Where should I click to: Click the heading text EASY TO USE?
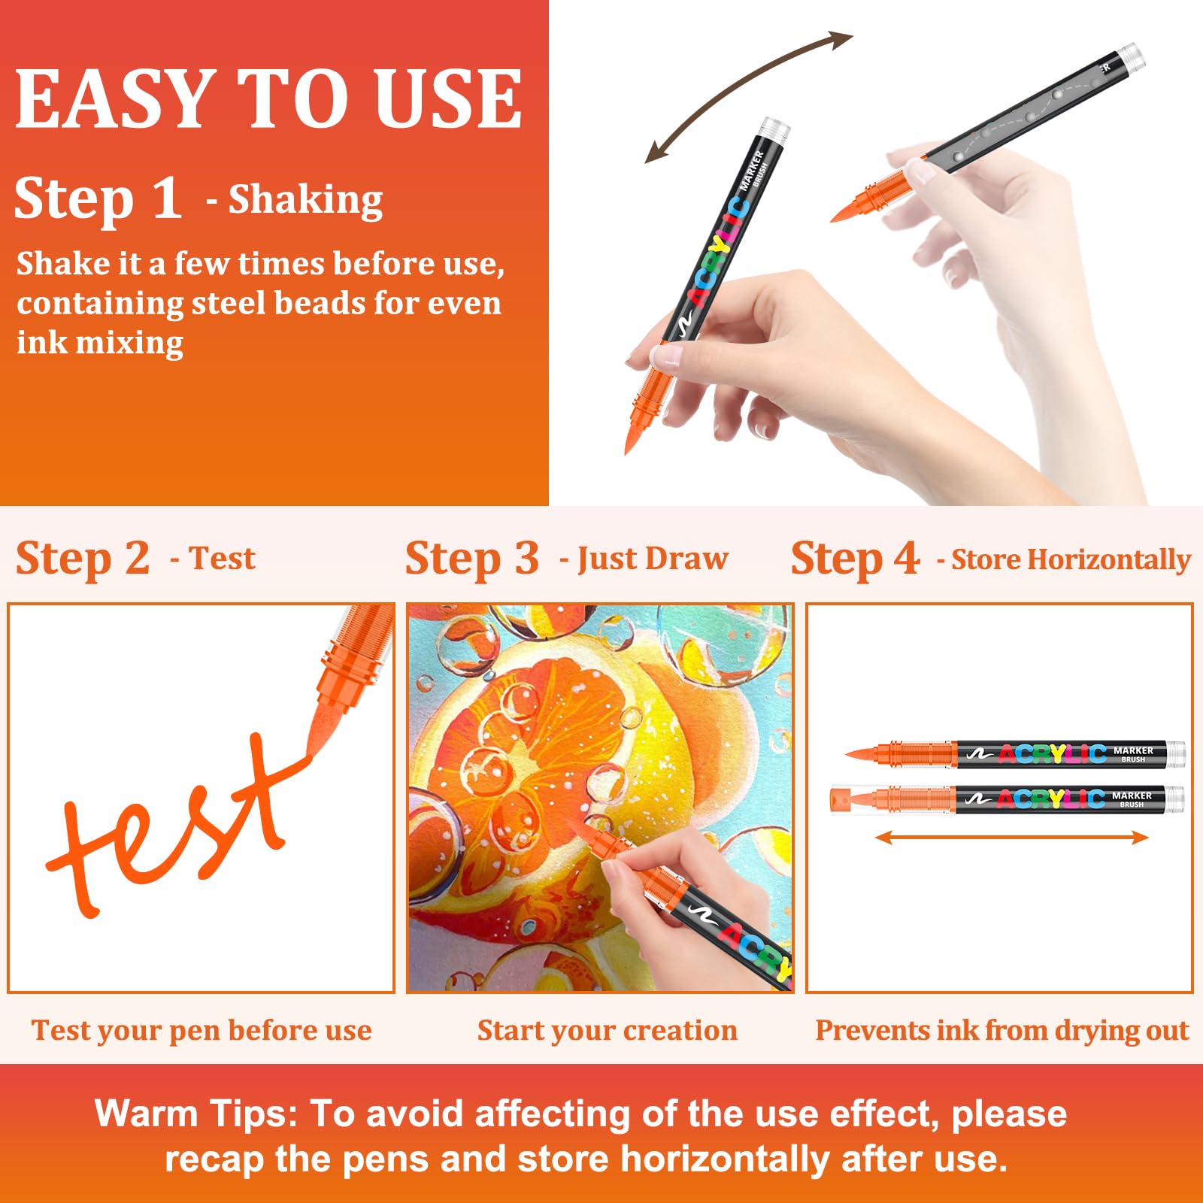click(268, 98)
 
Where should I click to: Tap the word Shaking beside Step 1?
click(305, 199)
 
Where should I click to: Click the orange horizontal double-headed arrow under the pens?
click(1012, 837)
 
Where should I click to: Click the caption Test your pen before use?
click(202, 1031)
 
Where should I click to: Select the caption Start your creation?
click(608, 1031)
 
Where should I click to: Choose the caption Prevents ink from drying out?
click(1002, 1031)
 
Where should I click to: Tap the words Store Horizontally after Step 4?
click(1071, 559)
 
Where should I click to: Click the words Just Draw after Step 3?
click(653, 559)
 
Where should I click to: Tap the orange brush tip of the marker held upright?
click(634, 428)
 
